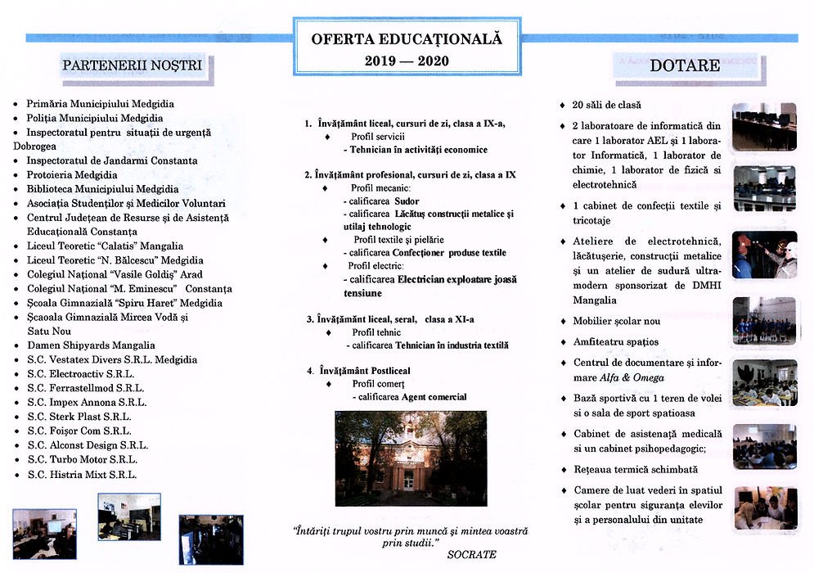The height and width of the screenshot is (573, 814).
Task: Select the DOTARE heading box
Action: (x=685, y=65)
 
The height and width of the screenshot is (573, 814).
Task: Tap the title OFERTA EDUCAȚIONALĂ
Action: (x=406, y=38)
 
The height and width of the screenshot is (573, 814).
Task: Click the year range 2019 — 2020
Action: (x=407, y=61)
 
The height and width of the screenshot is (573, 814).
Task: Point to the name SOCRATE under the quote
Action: (x=471, y=555)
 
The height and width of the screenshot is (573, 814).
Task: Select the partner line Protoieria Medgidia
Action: (x=72, y=175)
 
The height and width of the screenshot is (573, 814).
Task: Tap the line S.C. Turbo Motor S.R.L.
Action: (x=82, y=460)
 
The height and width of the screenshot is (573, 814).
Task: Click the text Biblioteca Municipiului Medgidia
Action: (x=102, y=189)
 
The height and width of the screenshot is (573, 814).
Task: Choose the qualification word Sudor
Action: (x=406, y=201)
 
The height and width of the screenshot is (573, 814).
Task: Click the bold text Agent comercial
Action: (x=433, y=397)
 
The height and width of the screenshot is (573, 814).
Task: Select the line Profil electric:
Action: (x=376, y=266)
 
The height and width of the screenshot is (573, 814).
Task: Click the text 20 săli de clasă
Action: (x=606, y=105)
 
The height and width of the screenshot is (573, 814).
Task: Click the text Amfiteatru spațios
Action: (x=615, y=341)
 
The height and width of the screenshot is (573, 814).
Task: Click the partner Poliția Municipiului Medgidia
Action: (x=94, y=118)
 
